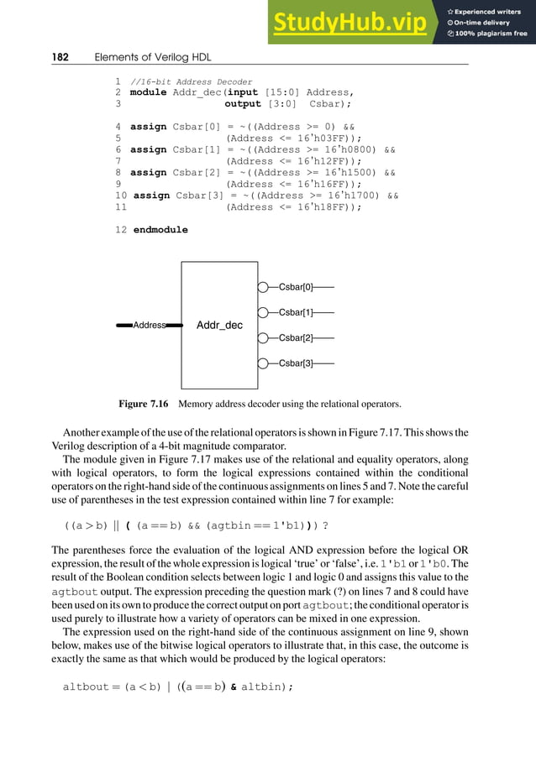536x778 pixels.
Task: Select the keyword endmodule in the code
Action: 160,229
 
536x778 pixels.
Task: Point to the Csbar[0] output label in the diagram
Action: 296,287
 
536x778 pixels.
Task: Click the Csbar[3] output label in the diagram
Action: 296,363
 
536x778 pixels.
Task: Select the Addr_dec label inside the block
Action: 219,325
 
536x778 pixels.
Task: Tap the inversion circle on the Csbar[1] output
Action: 263,312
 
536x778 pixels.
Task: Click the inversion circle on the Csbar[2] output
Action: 263,338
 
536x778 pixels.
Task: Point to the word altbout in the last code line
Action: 87,687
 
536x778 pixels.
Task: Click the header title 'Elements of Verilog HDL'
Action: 153,56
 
